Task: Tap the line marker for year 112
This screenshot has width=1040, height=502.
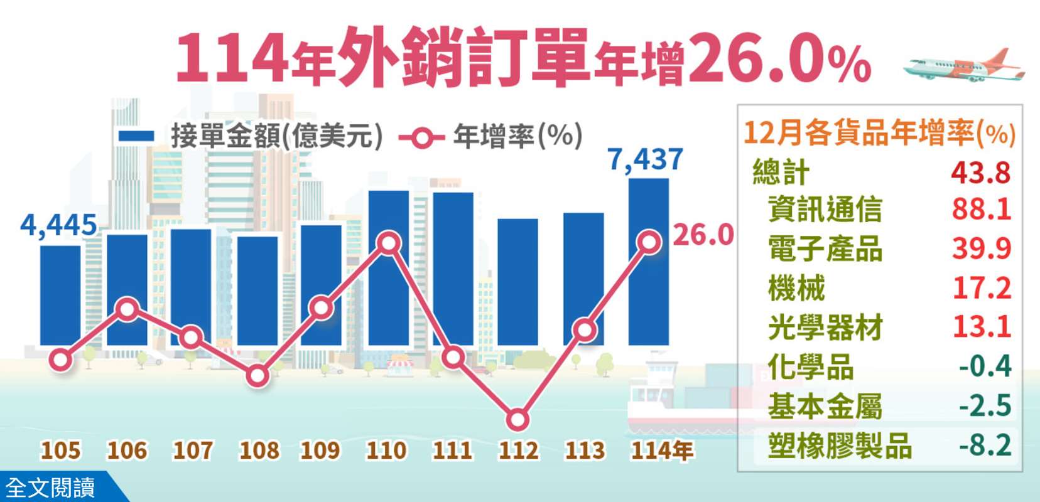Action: pos(517,420)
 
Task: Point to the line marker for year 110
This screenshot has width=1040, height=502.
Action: pos(389,243)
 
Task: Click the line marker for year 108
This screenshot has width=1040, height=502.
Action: pos(257,376)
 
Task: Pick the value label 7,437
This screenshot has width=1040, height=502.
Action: pos(645,159)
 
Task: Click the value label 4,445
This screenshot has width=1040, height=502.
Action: pos(58,225)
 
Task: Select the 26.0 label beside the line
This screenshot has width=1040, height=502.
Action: pos(703,235)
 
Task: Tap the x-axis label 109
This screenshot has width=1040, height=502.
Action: pos(320,451)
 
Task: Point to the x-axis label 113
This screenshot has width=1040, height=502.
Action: pos(585,451)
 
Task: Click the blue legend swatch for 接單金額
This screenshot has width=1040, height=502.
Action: pos(136,136)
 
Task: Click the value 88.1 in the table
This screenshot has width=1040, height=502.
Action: pos(981,209)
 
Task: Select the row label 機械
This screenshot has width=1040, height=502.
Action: pos(796,288)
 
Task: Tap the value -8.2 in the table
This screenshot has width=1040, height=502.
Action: pos(985,445)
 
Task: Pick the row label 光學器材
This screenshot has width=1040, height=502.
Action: pos(825,328)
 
